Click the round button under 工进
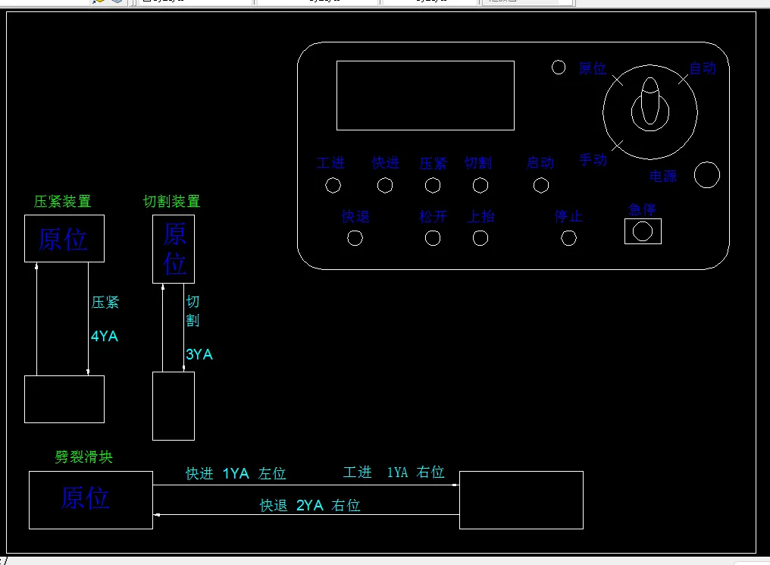(333, 185)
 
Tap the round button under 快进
(385, 185)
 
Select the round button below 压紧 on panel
(433, 185)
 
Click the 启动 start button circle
(541, 185)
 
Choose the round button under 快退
(355, 238)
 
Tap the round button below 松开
(433, 238)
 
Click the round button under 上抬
(480, 238)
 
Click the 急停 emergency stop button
(643, 231)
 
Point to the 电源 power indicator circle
(707, 174)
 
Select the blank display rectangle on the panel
(425, 96)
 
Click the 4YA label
(105, 336)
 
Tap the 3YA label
(199, 354)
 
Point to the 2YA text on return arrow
(310, 505)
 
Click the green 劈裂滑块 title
(84, 457)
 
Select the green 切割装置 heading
(172, 201)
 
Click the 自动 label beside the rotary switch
(703, 68)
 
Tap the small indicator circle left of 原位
(559, 67)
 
